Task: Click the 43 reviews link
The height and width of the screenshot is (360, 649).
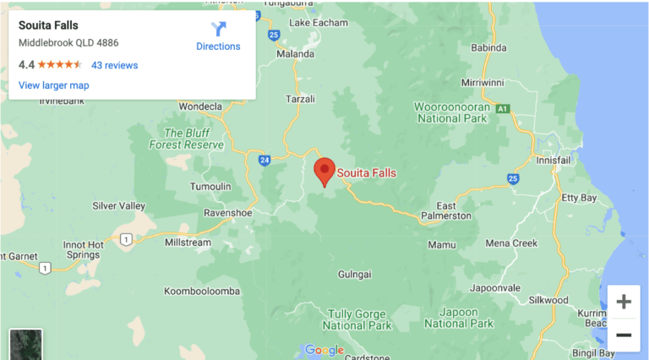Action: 114,65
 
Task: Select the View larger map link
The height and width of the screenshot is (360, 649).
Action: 53,85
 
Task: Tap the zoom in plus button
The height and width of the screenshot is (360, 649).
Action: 623,302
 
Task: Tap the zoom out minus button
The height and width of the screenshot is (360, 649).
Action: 623,335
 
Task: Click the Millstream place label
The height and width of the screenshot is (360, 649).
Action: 188,242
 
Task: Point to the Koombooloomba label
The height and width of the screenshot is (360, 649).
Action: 202,291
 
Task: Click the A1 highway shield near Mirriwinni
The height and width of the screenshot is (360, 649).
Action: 504,108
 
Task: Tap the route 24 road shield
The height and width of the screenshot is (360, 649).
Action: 265,159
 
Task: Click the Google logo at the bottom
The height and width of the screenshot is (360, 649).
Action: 324,350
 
